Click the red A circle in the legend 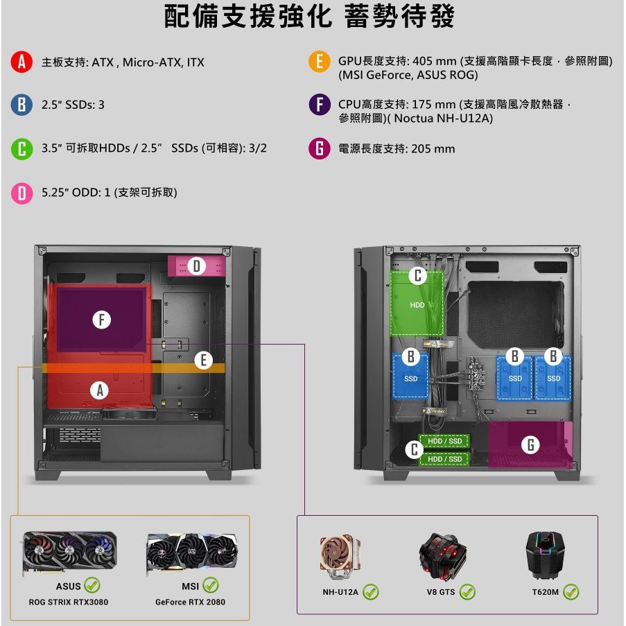pyautogui.click(x=21, y=62)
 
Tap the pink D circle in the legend pyautogui.click(x=21, y=193)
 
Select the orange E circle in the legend pyautogui.click(x=320, y=62)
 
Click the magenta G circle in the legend pyautogui.click(x=320, y=148)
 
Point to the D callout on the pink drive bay pyautogui.click(x=196, y=266)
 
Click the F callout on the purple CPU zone pyautogui.click(x=101, y=320)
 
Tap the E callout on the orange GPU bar pyautogui.click(x=203, y=360)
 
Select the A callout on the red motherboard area pyautogui.click(x=100, y=390)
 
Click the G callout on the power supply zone pyautogui.click(x=530, y=444)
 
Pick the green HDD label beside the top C pyautogui.click(x=417, y=305)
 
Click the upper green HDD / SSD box pyautogui.click(x=444, y=441)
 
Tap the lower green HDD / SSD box pyautogui.click(x=444, y=459)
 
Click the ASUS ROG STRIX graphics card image pyautogui.click(x=69, y=552)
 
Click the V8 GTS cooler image pyautogui.click(x=442, y=557)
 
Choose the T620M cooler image pyautogui.click(x=545, y=555)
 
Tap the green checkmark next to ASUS pyautogui.click(x=92, y=585)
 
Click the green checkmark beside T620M pyautogui.click(x=571, y=591)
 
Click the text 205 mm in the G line pyautogui.click(x=433, y=149)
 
